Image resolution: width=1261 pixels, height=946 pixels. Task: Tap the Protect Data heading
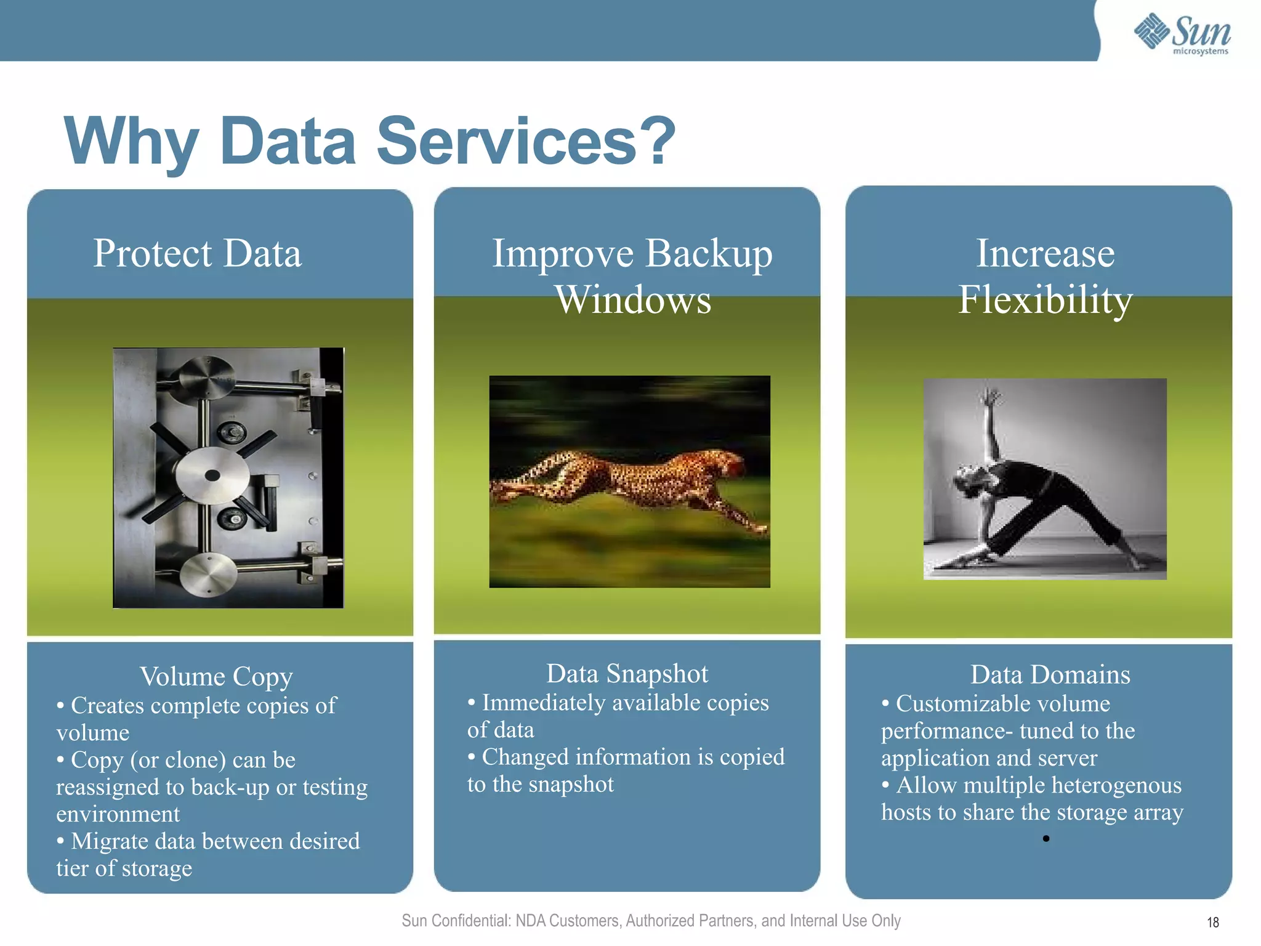tap(197, 253)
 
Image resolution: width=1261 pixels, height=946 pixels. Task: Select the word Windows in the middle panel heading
tap(633, 300)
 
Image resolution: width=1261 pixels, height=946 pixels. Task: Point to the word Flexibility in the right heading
tap(1045, 300)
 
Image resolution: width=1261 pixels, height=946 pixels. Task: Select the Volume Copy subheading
tap(216, 676)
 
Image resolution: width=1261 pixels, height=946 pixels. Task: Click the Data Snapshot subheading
tap(627, 674)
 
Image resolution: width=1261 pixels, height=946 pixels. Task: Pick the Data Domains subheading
tap(1050, 675)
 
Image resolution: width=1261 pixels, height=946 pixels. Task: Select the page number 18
tap(1212, 922)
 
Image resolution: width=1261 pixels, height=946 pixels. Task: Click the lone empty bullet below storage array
tap(1045, 838)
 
